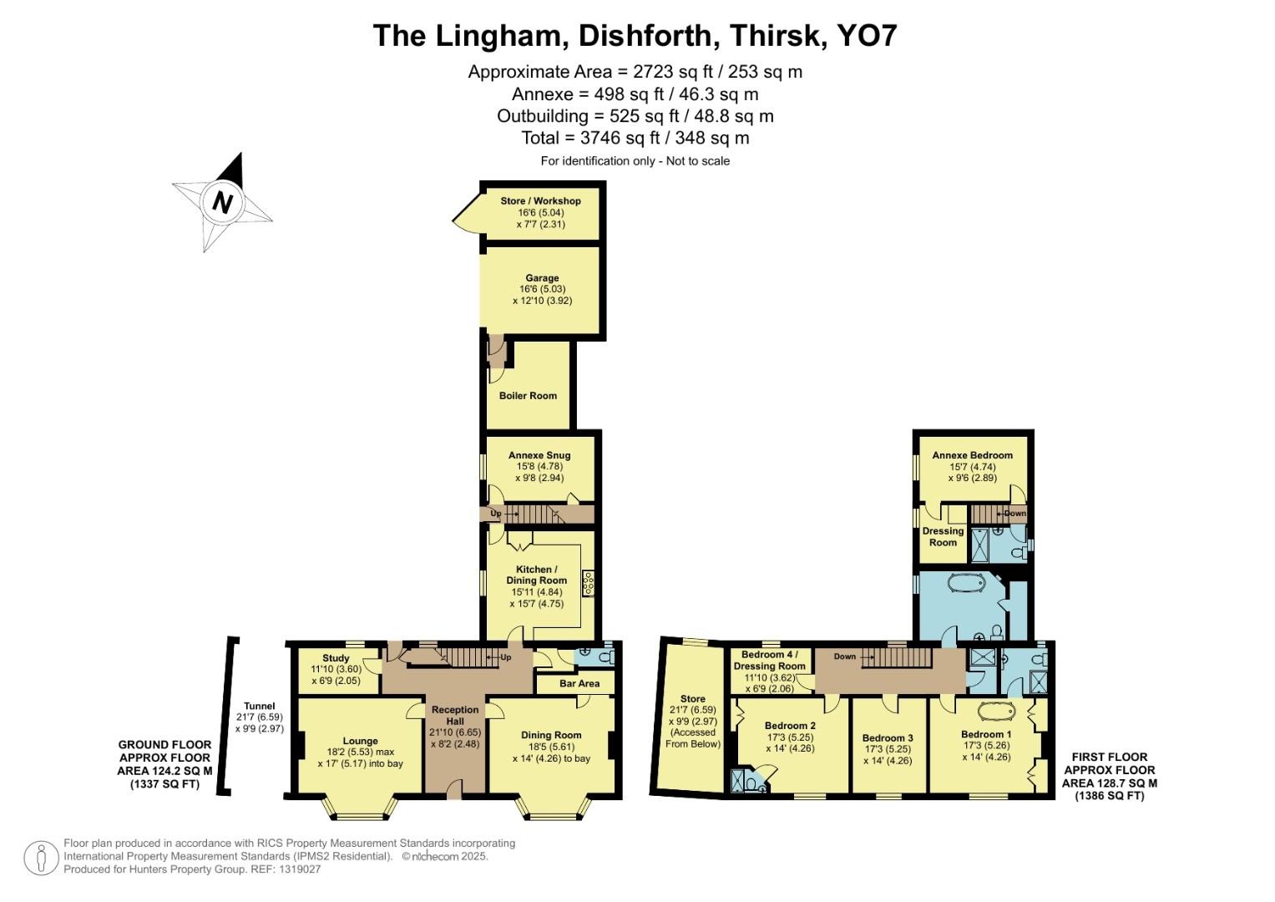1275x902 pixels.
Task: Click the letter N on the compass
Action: click(x=222, y=202)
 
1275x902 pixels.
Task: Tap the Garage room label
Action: click(x=542, y=278)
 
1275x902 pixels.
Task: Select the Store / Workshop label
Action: click(x=540, y=201)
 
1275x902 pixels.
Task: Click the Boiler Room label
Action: click(x=528, y=396)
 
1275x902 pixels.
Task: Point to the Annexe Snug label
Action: click(x=539, y=455)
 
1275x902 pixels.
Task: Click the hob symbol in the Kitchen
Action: click(x=589, y=583)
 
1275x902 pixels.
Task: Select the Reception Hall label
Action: click(x=455, y=715)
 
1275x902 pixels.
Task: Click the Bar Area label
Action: click(x=579, y=683)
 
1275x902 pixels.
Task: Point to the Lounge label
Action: click(x=360, y=741)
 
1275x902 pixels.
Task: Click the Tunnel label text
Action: click(x=259, y=706)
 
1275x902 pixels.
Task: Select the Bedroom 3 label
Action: click(x=888, y=738)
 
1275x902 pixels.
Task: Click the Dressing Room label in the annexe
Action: click(x=943, y=536)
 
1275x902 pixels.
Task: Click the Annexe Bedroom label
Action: click(x=972, y=455)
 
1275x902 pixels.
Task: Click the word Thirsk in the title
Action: click(x=773, y=36)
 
